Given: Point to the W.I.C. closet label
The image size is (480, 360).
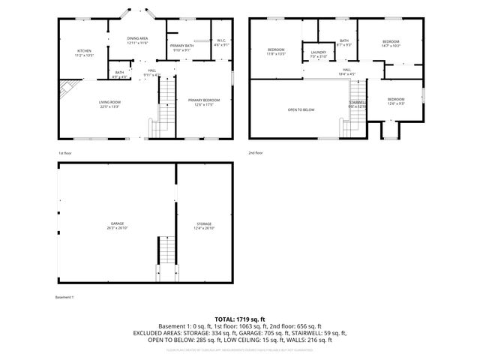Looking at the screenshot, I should coord(221,43).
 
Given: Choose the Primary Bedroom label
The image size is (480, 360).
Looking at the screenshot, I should coord(204,102).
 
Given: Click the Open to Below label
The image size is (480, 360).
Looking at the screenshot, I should coord(301,109).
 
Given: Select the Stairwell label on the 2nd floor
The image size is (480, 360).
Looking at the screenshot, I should coord(357,104).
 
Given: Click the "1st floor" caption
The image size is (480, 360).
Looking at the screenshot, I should coord(65,153).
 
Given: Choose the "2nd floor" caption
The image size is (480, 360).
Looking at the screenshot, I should coord(256,153).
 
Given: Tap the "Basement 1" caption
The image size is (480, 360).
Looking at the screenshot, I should coord(65,297).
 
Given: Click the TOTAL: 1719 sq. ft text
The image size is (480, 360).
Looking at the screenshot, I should coord(240,319).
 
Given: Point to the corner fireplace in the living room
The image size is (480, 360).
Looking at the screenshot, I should coord(67,88).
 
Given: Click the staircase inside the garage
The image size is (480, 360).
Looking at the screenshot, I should coord(166,259).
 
